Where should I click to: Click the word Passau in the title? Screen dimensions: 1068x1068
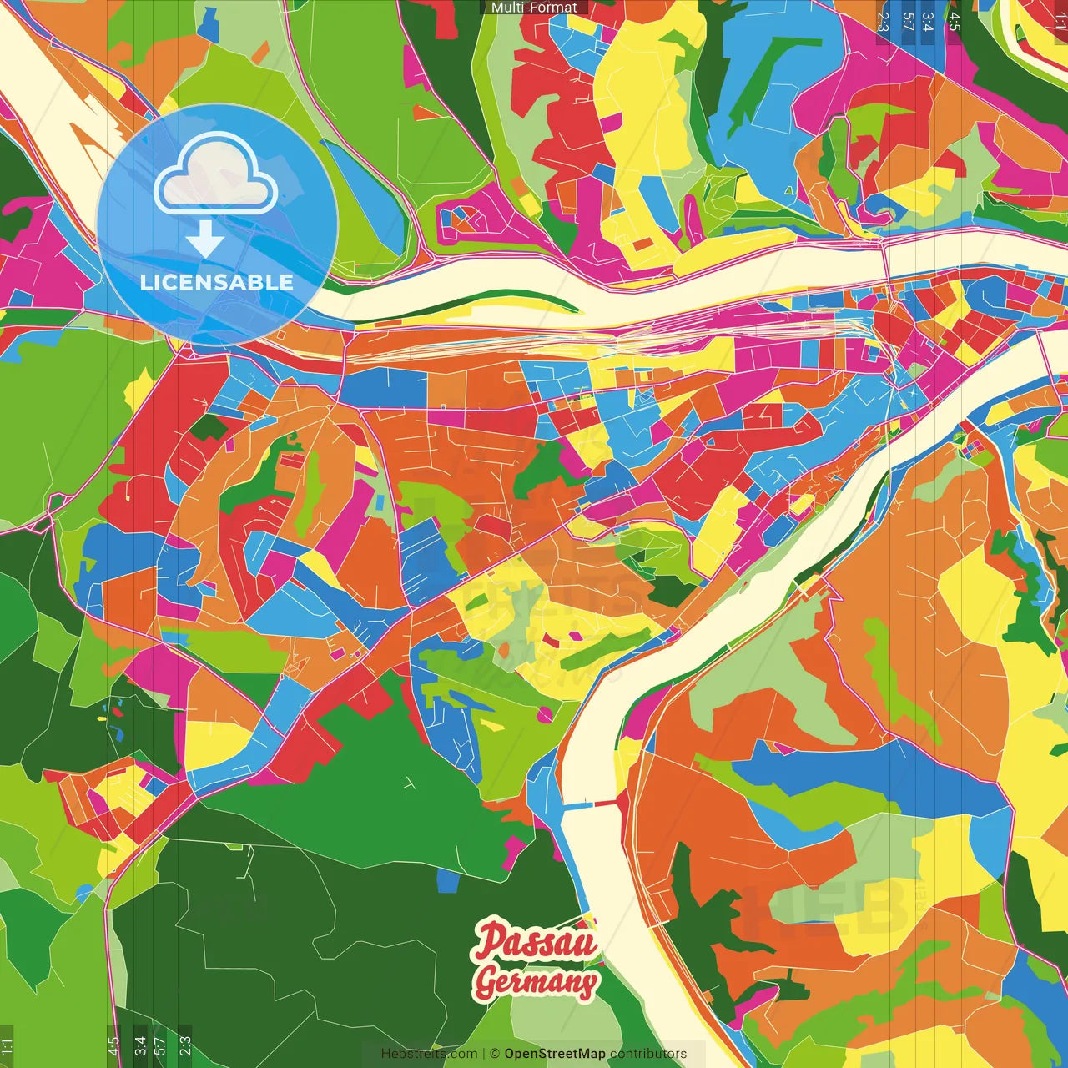click(x=536, y=941)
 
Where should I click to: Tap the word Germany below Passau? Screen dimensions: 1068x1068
click(x=536, y=982)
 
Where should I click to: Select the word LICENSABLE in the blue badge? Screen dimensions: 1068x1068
click(x=217, y=282)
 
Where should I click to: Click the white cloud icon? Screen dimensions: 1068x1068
click(x=216, y=174)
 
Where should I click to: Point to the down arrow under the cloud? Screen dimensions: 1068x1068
click(x=205, y=239)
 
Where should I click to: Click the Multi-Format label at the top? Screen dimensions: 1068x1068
click(x=534, y=8)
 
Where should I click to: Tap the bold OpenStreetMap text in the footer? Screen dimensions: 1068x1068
click(x=555, y=1054)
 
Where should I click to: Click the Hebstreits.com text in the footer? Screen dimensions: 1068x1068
click(x=429, y=1054)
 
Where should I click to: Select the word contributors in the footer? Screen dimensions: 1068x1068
click(x=648, y=1054)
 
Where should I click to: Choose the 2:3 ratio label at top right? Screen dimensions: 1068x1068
click(x=884, y=22)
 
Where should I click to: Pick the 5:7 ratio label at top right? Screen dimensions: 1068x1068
click(x=908, y=22)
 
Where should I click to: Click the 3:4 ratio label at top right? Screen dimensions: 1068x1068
click(x=928, y=22)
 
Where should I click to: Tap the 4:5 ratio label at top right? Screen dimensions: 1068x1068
click(x=955, y=22)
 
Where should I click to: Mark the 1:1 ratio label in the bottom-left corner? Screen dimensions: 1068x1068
click(x=7, y=1046)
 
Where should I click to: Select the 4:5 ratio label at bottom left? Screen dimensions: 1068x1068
click(x=113, y=1046)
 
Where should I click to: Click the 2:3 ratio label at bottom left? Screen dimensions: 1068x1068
click(x=185, y=1046)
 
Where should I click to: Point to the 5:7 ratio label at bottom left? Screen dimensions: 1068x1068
click(x=160, y=1046)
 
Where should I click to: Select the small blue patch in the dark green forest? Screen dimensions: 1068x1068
click(x=448, y=880)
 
